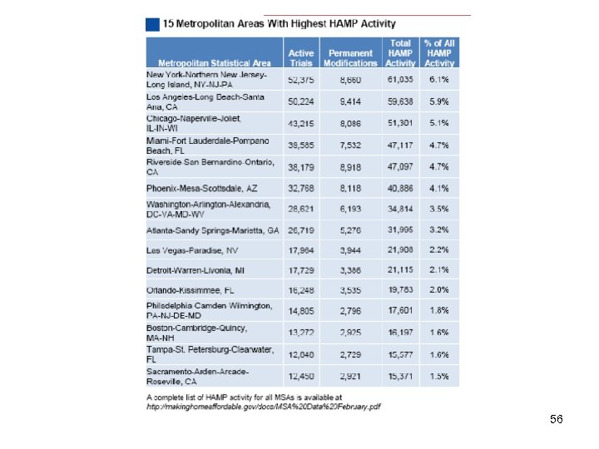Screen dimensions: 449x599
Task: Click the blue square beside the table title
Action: [x=152, y=24]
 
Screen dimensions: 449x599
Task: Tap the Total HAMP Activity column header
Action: [x=400, y=52]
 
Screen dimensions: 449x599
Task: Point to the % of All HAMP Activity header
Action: [x=439, y=52]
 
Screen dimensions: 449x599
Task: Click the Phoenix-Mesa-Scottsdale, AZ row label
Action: [x=202, y=188]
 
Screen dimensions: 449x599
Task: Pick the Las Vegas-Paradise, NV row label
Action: [x=192, y=249]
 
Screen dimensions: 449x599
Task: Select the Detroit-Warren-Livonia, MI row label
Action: [x=196, y=270]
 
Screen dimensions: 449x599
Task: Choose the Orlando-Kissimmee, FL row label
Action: [x=191, y=290]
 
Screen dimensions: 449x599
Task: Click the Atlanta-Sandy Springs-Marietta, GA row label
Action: [x=213, y=229]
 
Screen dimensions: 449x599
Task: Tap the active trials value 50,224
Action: [x=300, y=101]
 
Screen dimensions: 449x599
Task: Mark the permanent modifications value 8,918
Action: [x=350, y=166]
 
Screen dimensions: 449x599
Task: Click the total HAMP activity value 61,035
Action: [x=400, y=80]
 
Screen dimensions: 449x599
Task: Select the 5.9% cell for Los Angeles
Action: [x=439, y=101]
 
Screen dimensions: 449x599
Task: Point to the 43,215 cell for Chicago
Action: [x=300, y=123]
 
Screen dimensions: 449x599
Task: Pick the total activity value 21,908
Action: [x=400, y=249]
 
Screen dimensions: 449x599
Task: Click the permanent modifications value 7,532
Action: [x=350, y=145]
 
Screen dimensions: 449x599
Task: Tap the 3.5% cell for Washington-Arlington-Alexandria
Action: [x=439, y=209]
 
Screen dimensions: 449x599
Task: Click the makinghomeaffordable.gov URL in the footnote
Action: [x=264, y=407]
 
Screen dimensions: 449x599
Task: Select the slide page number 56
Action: [x=557, y=420]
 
